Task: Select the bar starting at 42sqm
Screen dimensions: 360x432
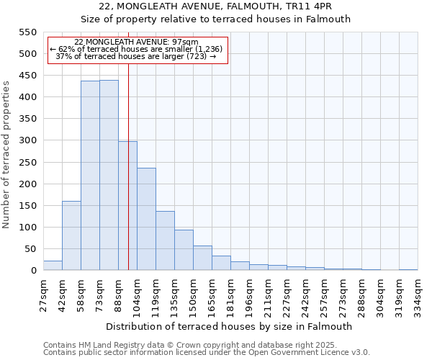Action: coord(71,235)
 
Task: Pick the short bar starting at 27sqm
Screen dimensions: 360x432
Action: coord(53,266)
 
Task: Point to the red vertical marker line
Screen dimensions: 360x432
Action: coord(128,166)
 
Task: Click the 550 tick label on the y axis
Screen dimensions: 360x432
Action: coord(27,32)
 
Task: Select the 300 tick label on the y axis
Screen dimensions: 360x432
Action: coord(27,140)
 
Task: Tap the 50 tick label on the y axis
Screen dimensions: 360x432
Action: coord(30,249)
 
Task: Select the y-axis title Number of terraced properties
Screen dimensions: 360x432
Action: coord(6,155)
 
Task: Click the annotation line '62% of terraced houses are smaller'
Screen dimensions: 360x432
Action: coord(137,49)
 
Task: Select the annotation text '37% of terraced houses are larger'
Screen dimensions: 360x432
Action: coord(135,56)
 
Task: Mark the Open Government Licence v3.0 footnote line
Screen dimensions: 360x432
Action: coord(206,352)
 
